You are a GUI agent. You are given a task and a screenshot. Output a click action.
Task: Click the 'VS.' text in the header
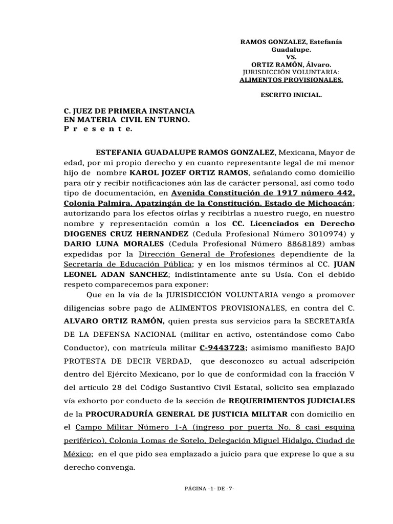pos(291,58)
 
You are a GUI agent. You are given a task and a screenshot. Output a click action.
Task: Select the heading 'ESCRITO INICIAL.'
pos(291,95)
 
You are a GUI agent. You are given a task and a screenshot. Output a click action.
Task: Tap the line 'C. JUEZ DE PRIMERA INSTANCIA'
pos(128,111)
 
